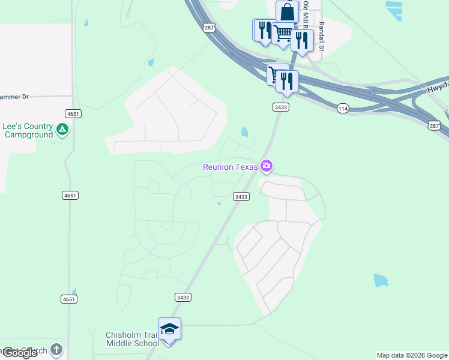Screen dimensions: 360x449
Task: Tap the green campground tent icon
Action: click(62, 129)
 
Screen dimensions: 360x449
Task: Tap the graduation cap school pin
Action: click(169, 329)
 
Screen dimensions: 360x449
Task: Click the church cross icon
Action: click(56, 349)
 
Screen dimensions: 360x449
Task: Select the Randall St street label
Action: click(322, 35)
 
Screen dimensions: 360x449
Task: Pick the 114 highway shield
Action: click(343, 108)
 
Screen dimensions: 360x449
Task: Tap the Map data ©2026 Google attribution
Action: click(412, 355)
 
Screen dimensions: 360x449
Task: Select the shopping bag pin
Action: click(287, 11)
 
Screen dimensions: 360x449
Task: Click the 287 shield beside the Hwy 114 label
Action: click(435, 125)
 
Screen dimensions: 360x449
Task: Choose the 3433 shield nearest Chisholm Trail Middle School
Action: click(184, 297)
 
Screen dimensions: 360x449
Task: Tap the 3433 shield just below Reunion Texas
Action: click(241, 196)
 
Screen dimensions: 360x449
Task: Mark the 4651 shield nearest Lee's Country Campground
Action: click(73, 114)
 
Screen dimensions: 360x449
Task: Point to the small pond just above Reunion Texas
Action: click(244, 131)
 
